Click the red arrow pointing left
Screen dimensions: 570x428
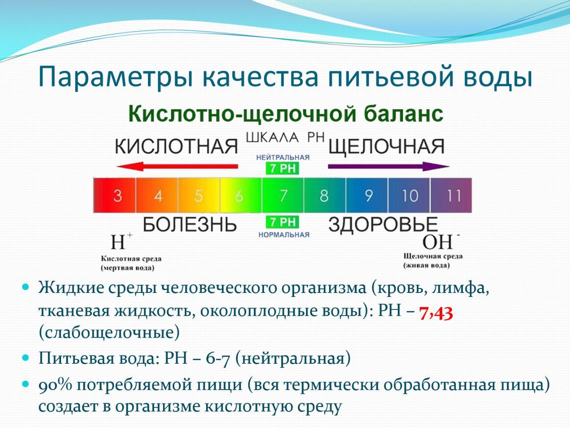[x=177, y=166]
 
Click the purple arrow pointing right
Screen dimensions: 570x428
[x=389, y=166]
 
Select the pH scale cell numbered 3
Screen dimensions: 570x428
[x=114, y=195]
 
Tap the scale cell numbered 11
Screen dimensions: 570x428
[x=451, y=195]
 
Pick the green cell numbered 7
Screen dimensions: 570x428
[x=283, y=195]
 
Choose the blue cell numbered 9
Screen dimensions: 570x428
[x=367, y=195]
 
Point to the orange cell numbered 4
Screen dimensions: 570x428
[x=157, y=195]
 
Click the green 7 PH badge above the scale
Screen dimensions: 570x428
[x=282, y=169]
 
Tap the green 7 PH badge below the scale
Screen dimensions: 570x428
[x=282, y=222]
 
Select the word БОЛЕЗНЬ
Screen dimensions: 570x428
[x=190, y=225]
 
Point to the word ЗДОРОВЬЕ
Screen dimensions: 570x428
[x=383, y=225]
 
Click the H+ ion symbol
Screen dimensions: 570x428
[x=121, y=241]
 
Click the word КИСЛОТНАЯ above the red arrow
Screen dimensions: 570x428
[x=176, y=147]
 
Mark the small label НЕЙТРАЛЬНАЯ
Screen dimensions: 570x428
[x=283, y=157]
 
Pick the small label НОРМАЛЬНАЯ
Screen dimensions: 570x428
[x=284, y=235]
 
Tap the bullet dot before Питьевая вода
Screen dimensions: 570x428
[x=25, y=358]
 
